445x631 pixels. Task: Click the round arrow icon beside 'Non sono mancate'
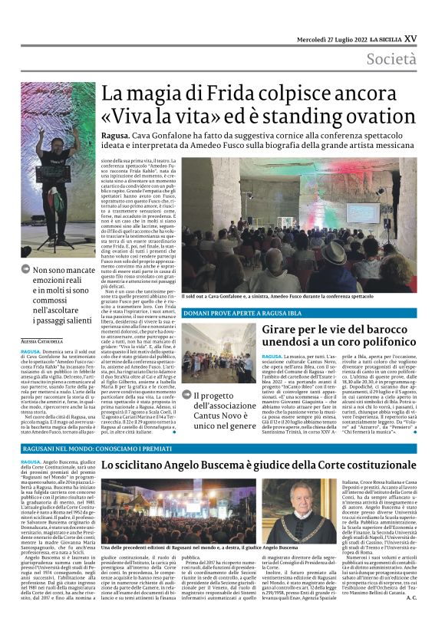point(26,270)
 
